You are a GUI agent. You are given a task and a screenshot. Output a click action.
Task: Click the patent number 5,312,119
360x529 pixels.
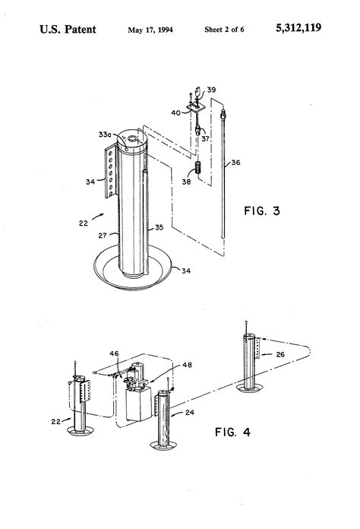click(298, 28)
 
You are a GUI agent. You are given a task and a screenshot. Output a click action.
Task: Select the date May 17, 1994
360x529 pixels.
click(150, 30)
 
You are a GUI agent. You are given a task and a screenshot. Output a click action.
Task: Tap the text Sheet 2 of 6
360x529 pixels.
click(224, 30)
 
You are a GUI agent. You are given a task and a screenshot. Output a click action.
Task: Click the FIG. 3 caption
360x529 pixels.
click(262, 211)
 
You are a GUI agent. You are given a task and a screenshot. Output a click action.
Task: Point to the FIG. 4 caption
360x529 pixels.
click(232, 432)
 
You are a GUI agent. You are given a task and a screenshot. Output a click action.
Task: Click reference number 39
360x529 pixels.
click(211, 90)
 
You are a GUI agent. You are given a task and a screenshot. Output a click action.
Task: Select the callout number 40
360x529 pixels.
click(176, 112)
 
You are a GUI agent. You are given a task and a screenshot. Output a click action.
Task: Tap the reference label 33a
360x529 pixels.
click(105, 135)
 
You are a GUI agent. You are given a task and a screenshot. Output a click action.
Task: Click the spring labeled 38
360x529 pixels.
click(199, 168)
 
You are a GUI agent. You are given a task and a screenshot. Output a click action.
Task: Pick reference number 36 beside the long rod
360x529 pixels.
click(235, 163)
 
